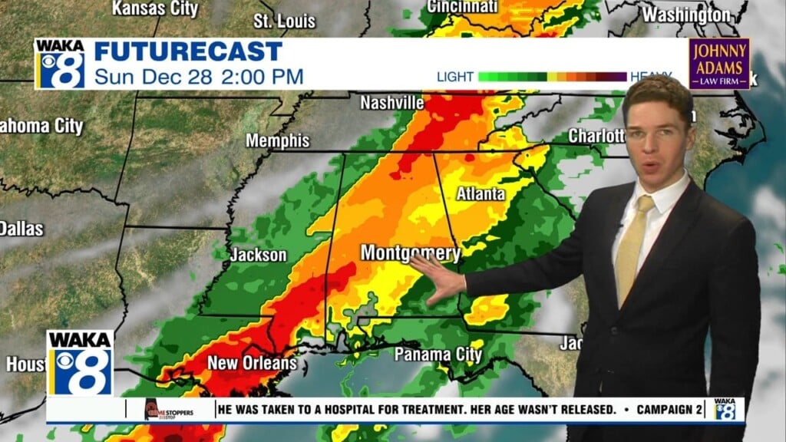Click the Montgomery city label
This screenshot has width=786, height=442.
(x=410, y=252)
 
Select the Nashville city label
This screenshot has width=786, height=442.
(x=391, y=102)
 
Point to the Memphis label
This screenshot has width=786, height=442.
(x=277, y=141)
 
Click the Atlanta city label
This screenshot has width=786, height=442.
(x=481, y=193)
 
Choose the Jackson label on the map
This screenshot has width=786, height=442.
(x=258, y=255)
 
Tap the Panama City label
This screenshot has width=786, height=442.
(x=438, y=354)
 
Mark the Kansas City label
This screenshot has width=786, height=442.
(x=155, y=9)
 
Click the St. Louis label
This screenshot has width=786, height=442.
(x=284, y=21)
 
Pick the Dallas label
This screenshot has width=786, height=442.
(x=21, y=228)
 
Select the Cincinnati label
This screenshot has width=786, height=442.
(x=462, y=6)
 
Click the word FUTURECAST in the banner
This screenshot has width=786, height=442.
(x=188, y=52)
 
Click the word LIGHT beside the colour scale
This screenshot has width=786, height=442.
(x=454, y=77)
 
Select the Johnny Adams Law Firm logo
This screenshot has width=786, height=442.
(x=718, y=63)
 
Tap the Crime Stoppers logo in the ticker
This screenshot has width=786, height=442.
(x=169, y=410)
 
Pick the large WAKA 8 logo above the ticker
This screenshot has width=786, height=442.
(x=80, y=362)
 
